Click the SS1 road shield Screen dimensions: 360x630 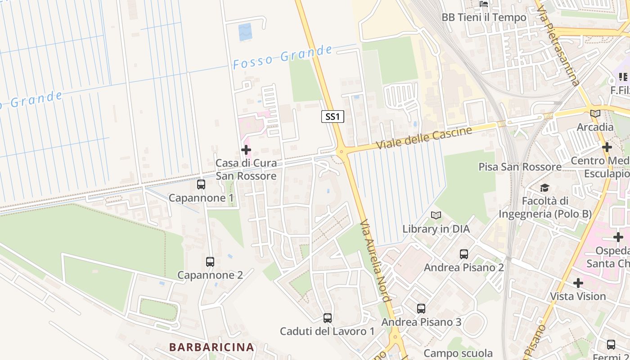click(x=333, y=117)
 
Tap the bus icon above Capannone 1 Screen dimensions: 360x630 click(x=201, y=184)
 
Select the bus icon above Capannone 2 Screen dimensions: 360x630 click(x=210, y=261)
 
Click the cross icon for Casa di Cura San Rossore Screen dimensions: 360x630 click(x=246, y=150)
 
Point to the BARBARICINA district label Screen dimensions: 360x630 click(x=212, y=347)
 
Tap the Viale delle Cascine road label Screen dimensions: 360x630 click(x=424, y=138)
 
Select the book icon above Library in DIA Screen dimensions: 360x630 click(x=436, y=216)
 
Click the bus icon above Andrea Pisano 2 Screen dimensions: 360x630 click(x=464, y=254)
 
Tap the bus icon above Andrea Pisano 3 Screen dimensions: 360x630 click(x=421, y=309)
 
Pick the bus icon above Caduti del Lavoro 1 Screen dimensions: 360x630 click(x=328, y=318)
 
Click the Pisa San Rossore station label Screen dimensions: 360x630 click(x=520, y=167)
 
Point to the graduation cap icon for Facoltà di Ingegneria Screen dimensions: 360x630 click(x=545, y=188)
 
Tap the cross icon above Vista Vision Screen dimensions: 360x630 click(x=578, y=283)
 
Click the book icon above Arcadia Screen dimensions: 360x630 click(x=595, y=114)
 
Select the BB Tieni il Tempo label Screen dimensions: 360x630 click(x=484, y=17)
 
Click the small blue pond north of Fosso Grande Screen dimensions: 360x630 click(x=245, y=32)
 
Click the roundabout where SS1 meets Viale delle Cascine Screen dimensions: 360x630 click(x=341, y=152)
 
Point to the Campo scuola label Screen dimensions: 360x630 click(x=458, y=353)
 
